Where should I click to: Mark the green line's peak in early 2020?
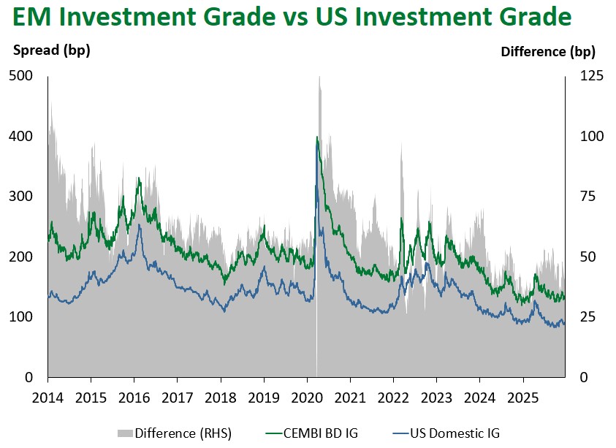(x=316, y=137)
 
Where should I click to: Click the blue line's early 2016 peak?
(x=139, y=224)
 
